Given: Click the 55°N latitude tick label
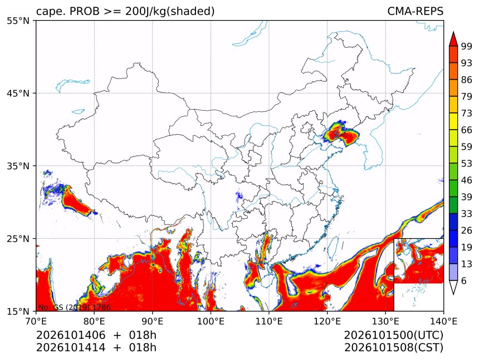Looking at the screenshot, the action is (x=18, y=21).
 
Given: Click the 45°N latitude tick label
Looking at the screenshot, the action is (x=18, y=93).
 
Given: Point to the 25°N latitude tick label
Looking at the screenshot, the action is (x=18, y=239).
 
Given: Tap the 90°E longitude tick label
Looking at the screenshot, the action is (x=153, y=321).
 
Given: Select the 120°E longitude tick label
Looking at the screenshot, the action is (x=327, y=321).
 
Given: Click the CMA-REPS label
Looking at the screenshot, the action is (x=415, y=11).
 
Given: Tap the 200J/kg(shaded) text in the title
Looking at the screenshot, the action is (x=170, y=12).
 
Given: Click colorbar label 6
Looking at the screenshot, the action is (x=464, y=280).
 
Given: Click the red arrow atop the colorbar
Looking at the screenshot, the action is (x=453, y=39).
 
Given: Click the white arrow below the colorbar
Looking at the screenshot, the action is (x=453, y=288).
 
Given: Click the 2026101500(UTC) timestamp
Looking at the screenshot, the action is (x=393, y=336).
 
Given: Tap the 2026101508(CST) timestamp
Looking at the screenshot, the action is (x=393, y=348).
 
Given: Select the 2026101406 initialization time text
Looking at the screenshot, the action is (x=71, y=335).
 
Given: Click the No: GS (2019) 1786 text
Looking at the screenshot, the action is (x=74, y=307).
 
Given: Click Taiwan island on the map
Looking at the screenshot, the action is (x=333, y=246).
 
